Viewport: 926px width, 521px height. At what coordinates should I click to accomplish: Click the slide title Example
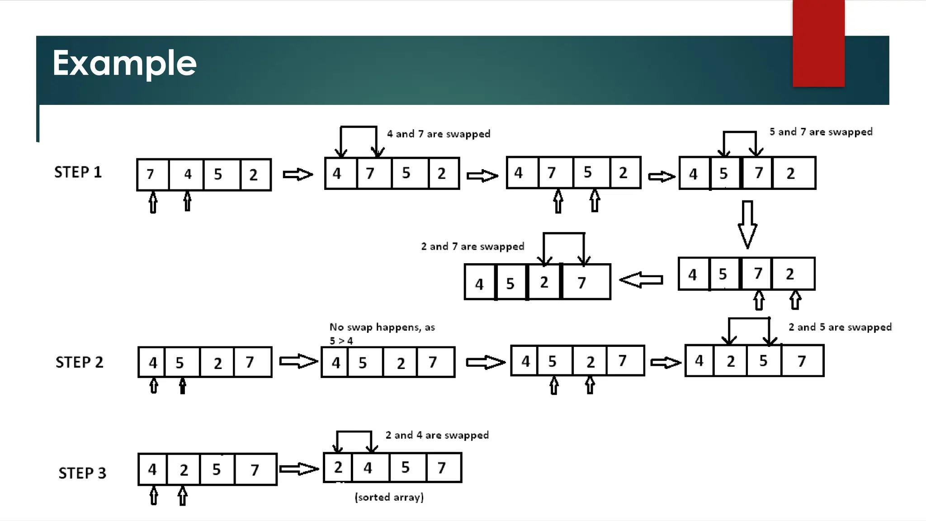point(124,63)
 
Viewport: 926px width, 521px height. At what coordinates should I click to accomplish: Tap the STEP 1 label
point(78,172)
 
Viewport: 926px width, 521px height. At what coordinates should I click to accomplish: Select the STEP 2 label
point(80,362)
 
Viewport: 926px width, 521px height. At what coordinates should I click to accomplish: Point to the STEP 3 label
point(82,473)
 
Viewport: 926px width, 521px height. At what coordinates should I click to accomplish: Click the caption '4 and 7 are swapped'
point(439,134)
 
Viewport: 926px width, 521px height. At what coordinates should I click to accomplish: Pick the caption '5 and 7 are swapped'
point(821,132)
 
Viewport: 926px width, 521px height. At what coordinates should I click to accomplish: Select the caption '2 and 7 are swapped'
point(472,246)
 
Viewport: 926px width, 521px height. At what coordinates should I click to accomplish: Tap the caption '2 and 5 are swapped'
point(840,327)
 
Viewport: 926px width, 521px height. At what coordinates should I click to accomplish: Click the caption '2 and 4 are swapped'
point(437,435)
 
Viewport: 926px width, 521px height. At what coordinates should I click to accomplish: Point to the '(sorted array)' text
point(389,497)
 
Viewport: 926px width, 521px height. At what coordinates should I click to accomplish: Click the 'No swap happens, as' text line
point(382,327)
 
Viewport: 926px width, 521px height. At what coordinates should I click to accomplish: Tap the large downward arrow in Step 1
point(747,224)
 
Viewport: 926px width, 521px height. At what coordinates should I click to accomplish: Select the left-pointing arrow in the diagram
point(641,280)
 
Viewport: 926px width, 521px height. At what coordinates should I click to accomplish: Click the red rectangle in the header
point(818,43)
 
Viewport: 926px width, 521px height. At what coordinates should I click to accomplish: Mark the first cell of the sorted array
point(338,468)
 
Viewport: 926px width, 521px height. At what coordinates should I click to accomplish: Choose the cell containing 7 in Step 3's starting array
point(255,469)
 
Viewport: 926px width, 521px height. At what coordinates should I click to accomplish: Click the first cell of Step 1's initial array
point(153,175)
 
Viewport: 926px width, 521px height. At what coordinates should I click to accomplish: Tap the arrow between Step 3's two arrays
point(299,469)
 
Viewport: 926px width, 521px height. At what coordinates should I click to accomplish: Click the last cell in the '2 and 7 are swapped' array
point(586,282)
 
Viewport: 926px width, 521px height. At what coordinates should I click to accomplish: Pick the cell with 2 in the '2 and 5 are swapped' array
point(730,361)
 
